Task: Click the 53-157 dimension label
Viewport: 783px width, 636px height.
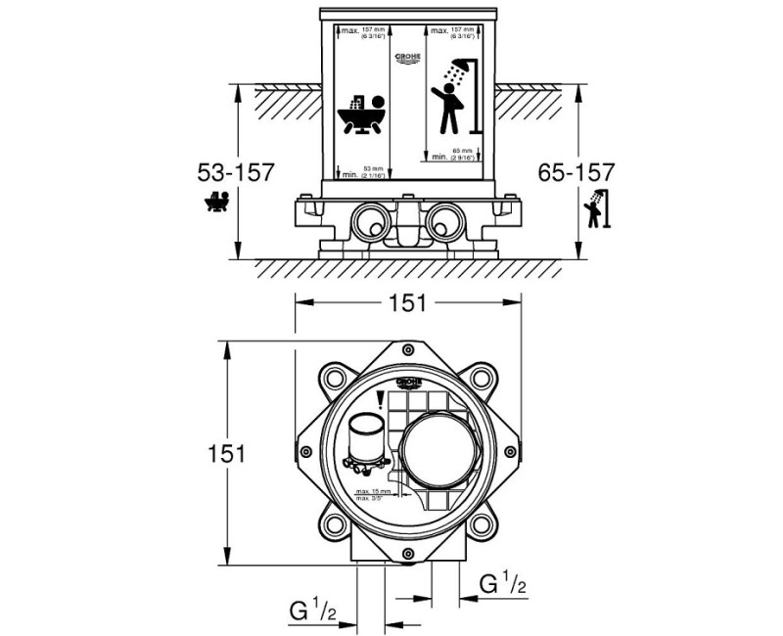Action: [236, 172]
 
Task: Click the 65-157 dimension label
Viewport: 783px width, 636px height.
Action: [576, 172]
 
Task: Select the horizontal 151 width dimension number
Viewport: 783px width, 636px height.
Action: [407, 303]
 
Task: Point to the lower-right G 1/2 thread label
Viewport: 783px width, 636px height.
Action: [503, 584]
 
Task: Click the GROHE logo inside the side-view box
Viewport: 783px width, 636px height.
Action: [406, 60]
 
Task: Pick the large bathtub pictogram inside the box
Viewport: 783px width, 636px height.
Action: [363, 115]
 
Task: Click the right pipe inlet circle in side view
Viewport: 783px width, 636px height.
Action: [446, 220]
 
